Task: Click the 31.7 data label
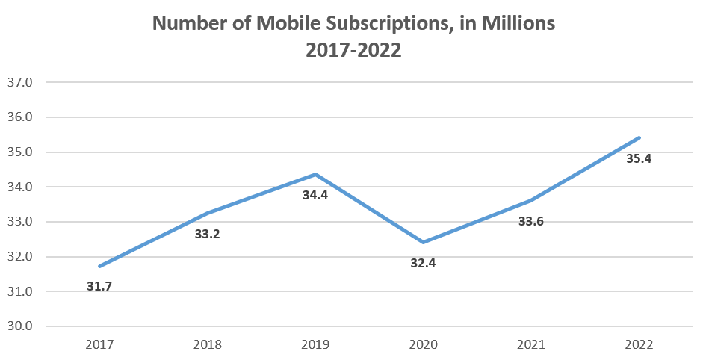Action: click(x=99, y=286)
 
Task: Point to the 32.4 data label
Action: click(x=423, y=263)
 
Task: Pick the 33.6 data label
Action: click(x=531, y=221)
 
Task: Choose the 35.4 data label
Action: click(x=639, y=158)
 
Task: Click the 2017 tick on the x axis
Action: click(x=99, y=344)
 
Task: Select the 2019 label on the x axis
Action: click(x=315, y=344)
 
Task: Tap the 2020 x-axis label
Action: click(x=423, y=344)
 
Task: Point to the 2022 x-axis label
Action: click(x=639, y=344)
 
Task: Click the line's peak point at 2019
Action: click(x=315, y=174)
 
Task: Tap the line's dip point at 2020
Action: click(x=423, y=242)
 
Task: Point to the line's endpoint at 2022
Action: click(x=639, y=137)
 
